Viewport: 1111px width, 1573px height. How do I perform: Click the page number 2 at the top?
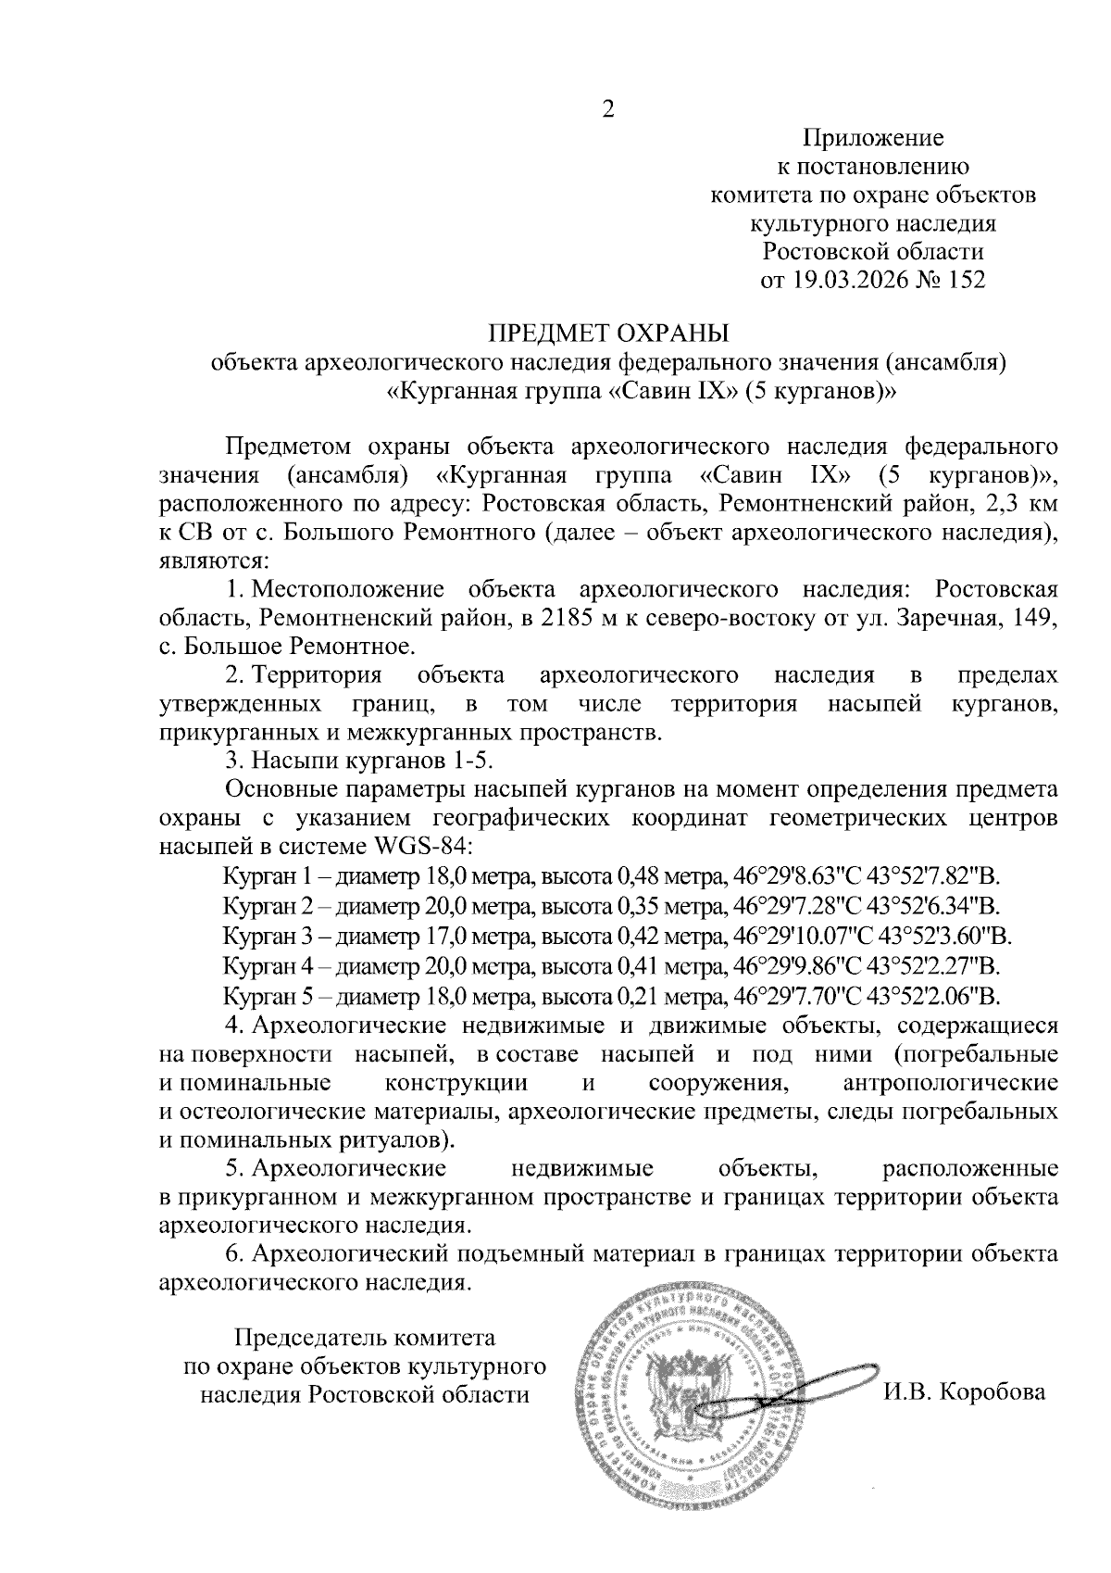(x=608, y=109)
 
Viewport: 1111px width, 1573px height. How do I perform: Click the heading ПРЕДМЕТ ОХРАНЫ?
(x=608, y=333)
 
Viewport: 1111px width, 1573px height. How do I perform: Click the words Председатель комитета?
(x=365, y=1338)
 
